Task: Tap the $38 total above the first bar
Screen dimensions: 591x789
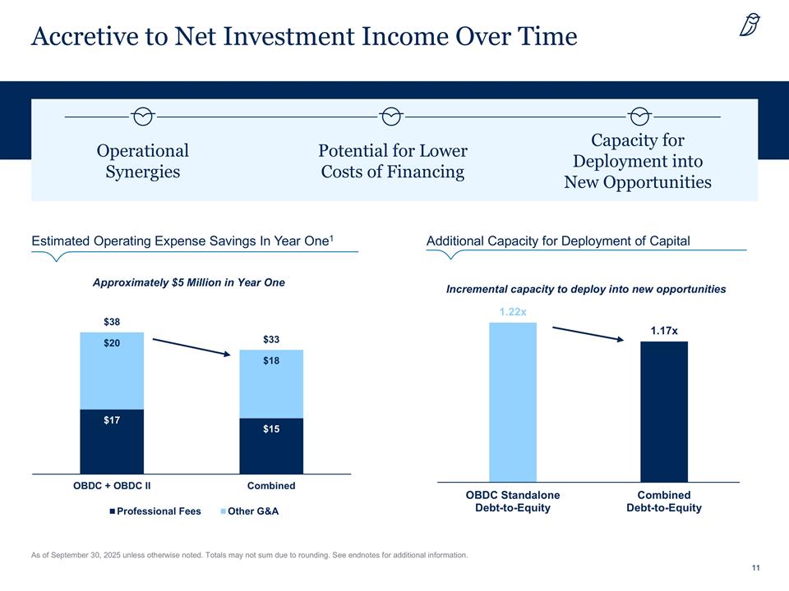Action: tap(111, 321)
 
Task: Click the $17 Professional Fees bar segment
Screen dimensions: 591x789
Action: tap(112, 442)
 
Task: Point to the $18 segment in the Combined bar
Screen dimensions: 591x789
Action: tap(271, 384)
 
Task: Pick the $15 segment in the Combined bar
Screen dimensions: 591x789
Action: tap(271, 447)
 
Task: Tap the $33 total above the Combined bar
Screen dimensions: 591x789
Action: tap(271, 339)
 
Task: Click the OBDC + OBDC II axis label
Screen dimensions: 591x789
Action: tap(112, 486)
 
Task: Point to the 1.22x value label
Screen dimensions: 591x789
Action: tap(513, 312)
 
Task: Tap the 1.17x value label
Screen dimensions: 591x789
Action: tap(664, 330)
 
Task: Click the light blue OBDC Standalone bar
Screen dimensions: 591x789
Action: tap(513, 401)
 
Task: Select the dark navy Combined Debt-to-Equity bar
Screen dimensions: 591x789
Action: tap(664, 411)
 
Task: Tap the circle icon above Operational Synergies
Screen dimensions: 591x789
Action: tap(143, 117)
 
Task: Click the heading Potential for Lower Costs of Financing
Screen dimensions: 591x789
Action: tap(393, 161)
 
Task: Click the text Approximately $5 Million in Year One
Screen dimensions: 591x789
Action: tap(189, 282)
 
